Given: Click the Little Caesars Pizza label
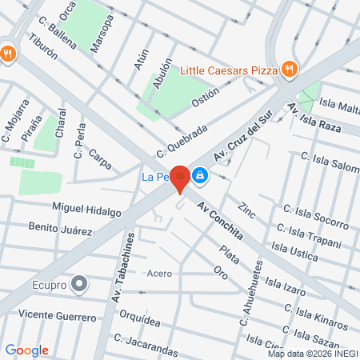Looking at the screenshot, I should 229,70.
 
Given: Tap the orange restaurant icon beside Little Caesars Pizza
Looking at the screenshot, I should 290,70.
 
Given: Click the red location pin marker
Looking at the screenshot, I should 182,178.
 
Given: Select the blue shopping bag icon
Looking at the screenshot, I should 200,175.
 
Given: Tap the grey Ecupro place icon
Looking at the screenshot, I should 78,283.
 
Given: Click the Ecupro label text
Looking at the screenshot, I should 47,283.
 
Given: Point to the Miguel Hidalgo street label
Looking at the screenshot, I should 86,210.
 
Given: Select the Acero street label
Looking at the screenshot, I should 159,274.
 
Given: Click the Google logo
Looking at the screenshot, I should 27,350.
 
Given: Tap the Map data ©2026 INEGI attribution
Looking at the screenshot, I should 311,354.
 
